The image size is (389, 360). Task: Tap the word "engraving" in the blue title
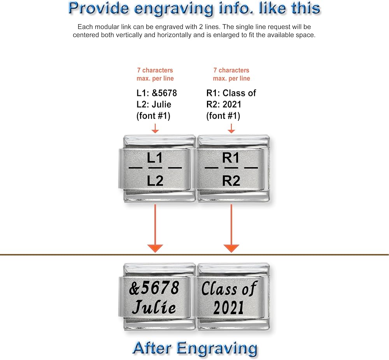(x=173, y=9)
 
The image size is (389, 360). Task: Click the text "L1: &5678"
(x=156, y=93)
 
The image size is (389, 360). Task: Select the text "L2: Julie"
(x=154, y=104)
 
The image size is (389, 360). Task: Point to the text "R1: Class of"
(x=231, y=93)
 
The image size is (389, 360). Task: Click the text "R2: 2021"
(x=224, y=104)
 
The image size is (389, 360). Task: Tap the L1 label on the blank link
(x=155, y=158)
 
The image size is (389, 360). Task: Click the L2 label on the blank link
(x=155, y=180)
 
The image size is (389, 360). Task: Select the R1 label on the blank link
(x=231, y=158)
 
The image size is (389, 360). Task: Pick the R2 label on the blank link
(x=231, y=180)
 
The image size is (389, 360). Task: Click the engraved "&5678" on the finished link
(x=154, y=288)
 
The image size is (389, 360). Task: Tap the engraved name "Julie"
(x=154, y=307)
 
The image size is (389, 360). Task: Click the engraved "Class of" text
(x=229, y=288)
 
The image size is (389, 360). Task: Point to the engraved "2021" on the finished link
(x=228, y=308)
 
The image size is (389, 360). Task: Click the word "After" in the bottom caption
(x=152, y=348)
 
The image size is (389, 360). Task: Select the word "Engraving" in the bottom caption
(x=217, y=349)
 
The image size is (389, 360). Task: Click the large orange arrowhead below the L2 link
(x=155, y=248)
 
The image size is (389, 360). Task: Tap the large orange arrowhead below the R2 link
(x=231, y=248)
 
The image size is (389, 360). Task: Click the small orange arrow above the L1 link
(x=155, y=128)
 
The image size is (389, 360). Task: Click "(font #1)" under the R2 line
(x=223, y=116)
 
